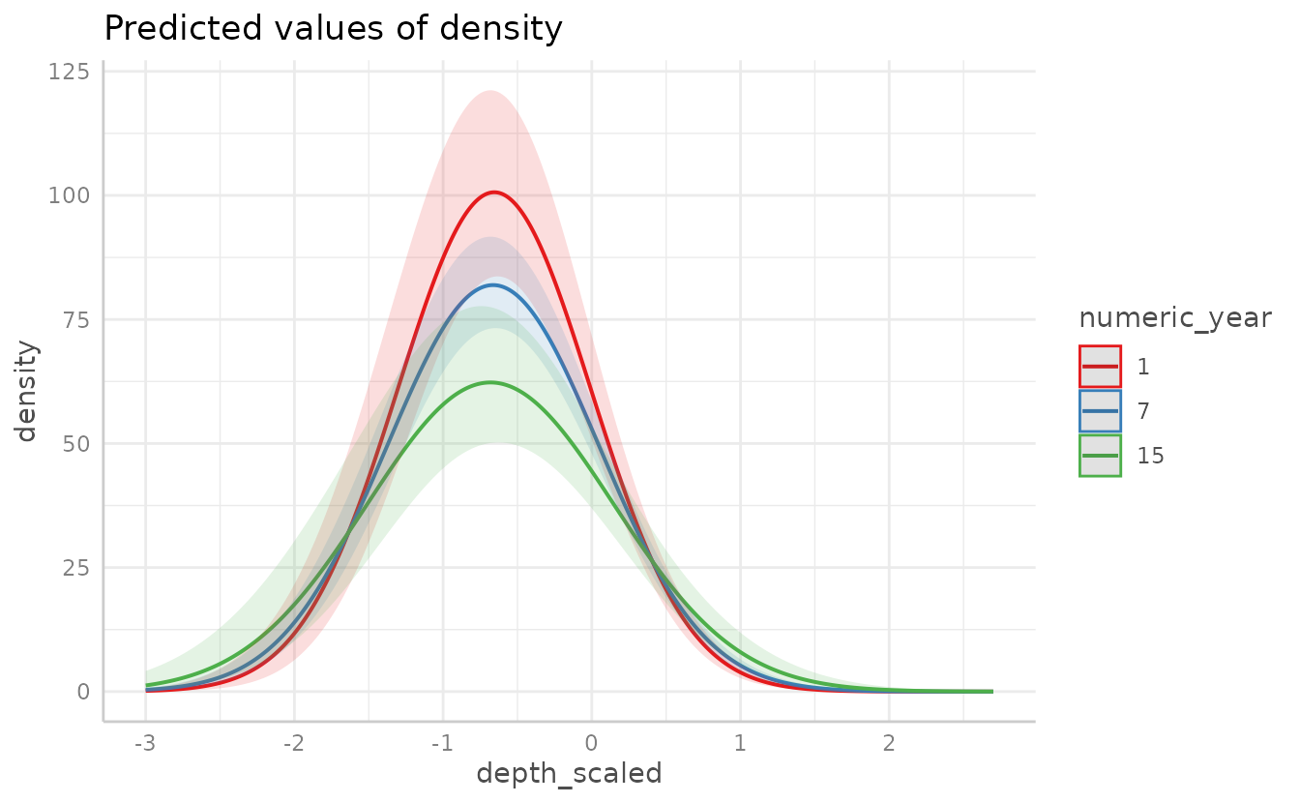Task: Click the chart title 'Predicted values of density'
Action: [x=333, y=29]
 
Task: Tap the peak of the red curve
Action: [x=494, y=193]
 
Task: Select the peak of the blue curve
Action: [x=493, y=284]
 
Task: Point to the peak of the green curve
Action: [x=491, y=383]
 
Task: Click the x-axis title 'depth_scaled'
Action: [x=569, y=774]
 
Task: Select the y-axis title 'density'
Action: [x=27, y=390]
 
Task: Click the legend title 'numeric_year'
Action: [x=1175, y=319]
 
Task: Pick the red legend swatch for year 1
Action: [x=1100, y=367]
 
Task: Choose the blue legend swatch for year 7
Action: [x=1100, y=411]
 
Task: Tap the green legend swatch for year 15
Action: [x=1100, y=456]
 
